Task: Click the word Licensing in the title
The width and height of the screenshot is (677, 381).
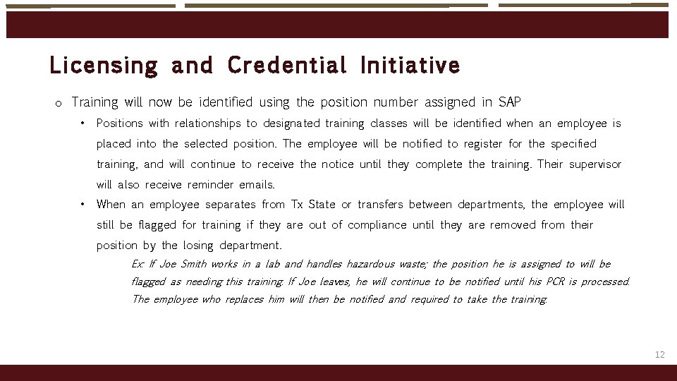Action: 104,66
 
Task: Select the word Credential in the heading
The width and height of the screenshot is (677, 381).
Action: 287,66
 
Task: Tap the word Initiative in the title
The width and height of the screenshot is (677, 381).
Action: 410,66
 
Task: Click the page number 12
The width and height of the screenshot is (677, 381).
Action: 659,354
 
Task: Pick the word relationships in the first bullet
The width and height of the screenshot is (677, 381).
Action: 207,123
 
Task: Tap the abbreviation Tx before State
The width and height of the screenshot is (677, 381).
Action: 298,205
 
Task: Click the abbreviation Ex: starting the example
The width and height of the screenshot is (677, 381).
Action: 138,264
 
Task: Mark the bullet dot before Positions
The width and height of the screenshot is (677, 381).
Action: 83,123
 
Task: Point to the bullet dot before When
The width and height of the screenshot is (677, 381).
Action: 83,204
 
